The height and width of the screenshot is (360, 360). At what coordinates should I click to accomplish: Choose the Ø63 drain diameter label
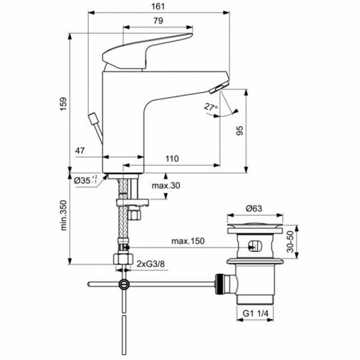point(252,209)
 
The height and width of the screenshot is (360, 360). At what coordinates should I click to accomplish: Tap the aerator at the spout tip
point(215,89)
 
